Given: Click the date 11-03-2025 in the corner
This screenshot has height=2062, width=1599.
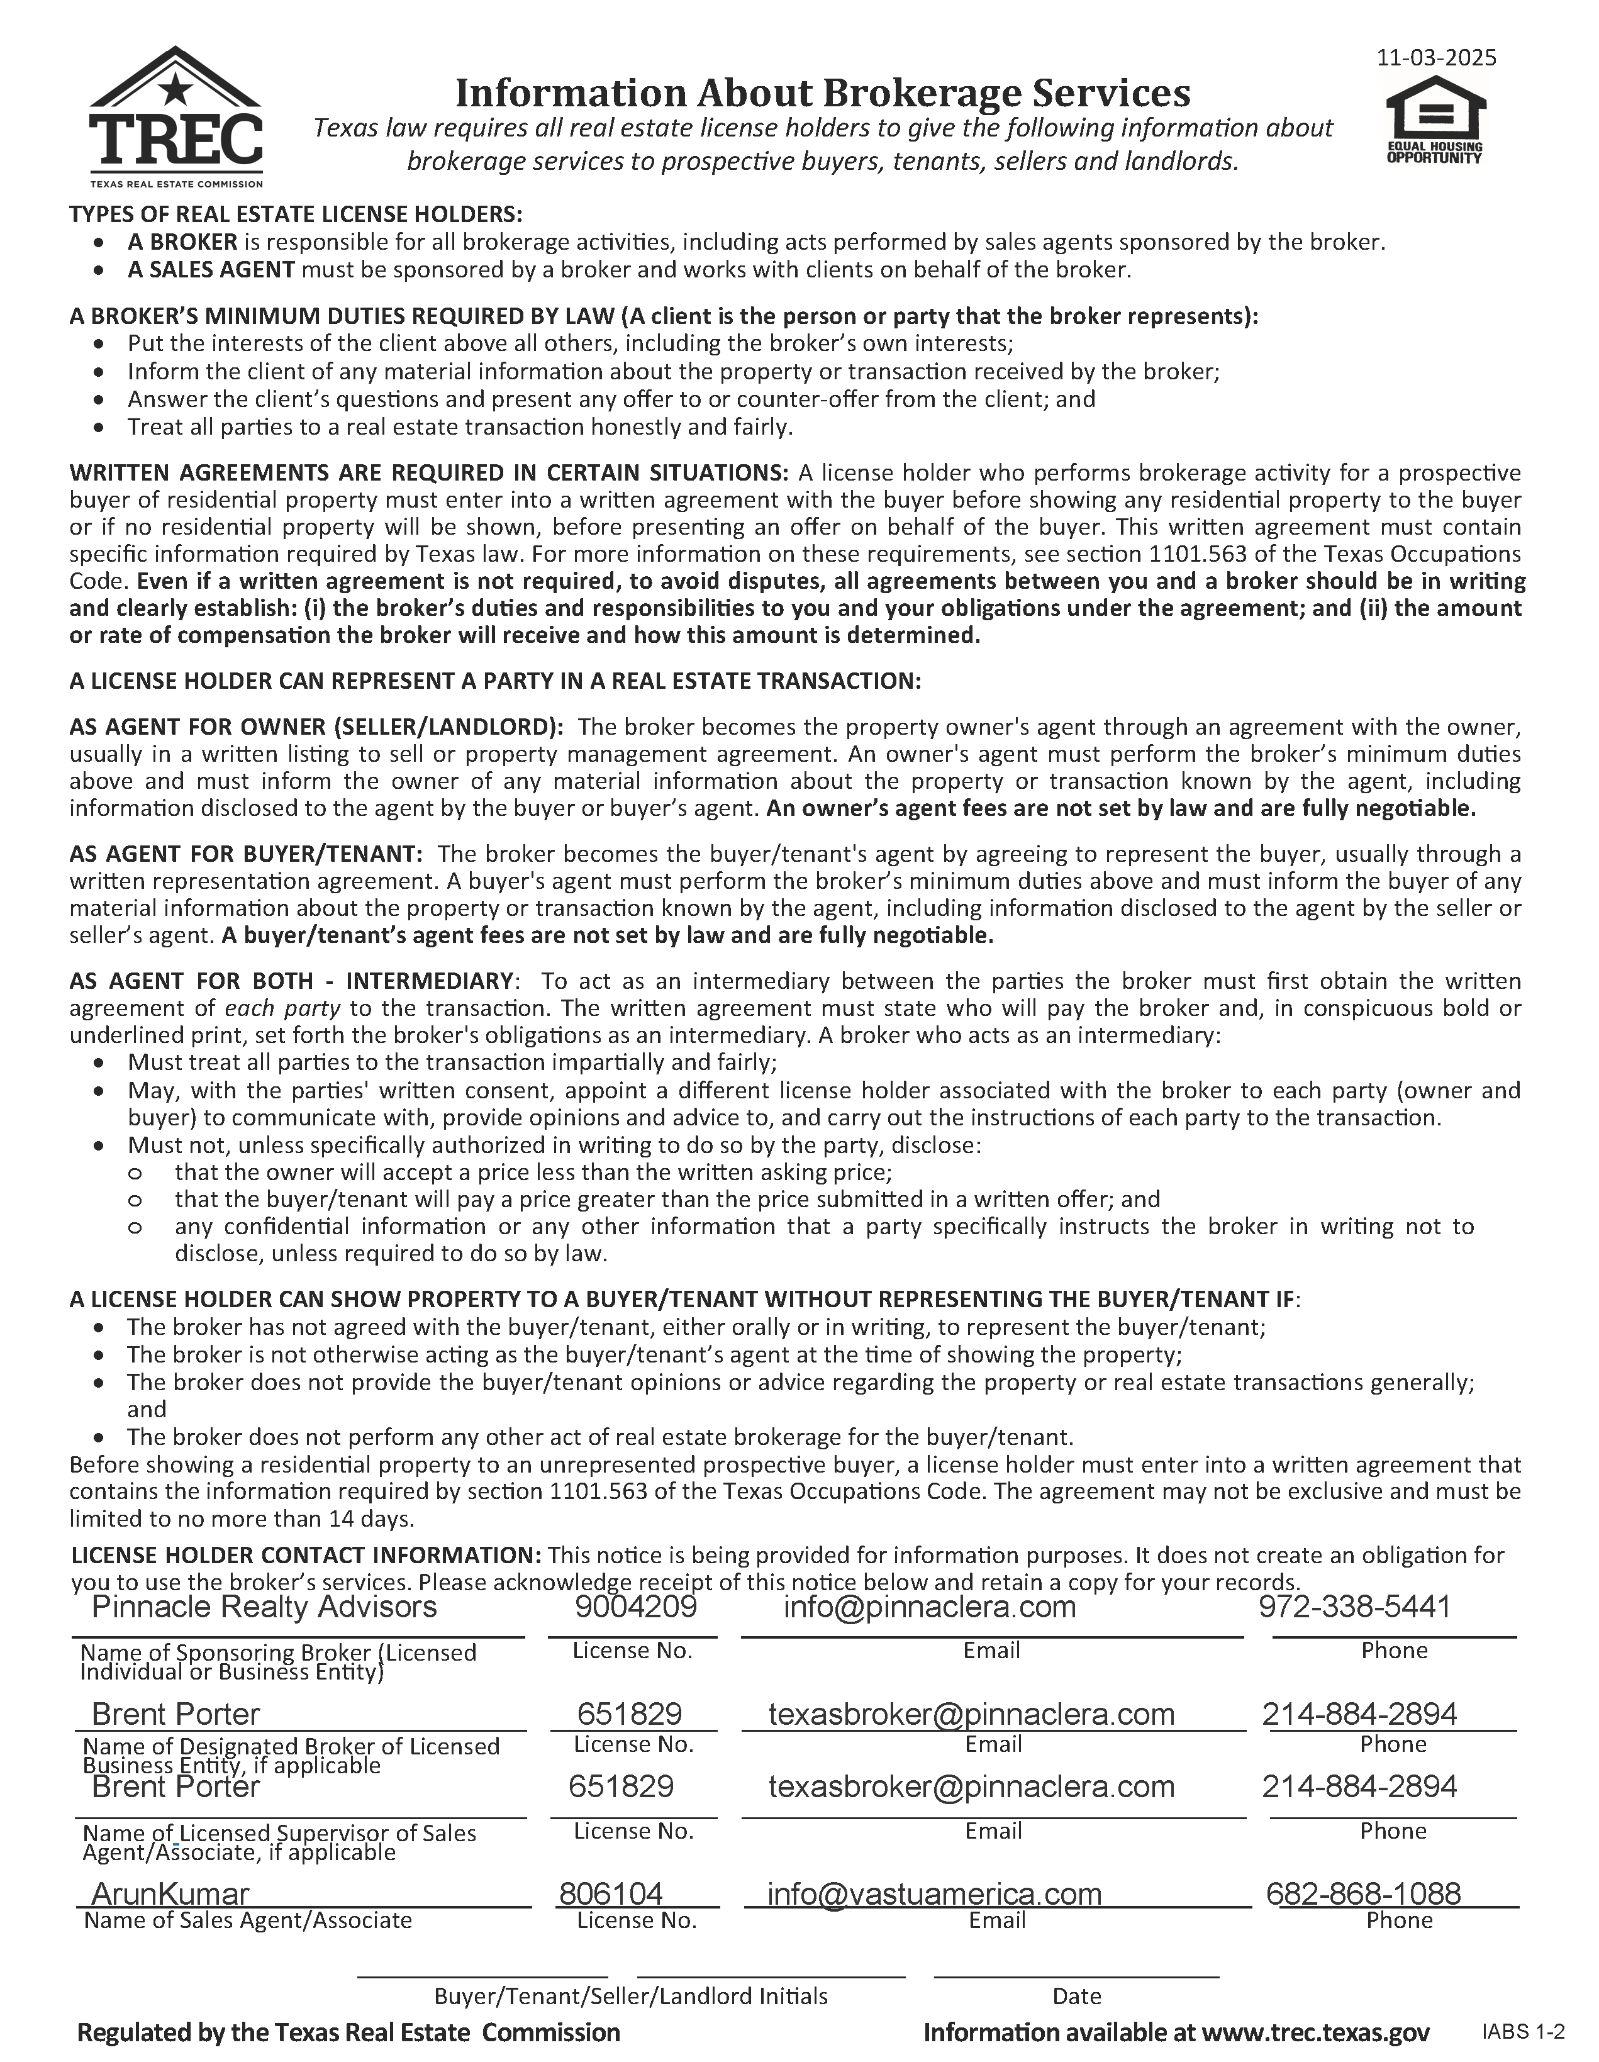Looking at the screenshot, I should click(1435, 58).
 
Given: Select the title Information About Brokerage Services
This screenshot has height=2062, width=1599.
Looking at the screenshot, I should click(822, 92).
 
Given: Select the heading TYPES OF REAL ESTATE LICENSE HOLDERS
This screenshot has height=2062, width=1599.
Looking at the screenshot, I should click(296, 215).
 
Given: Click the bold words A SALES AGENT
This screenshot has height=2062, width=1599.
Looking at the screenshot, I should click(211, 270).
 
